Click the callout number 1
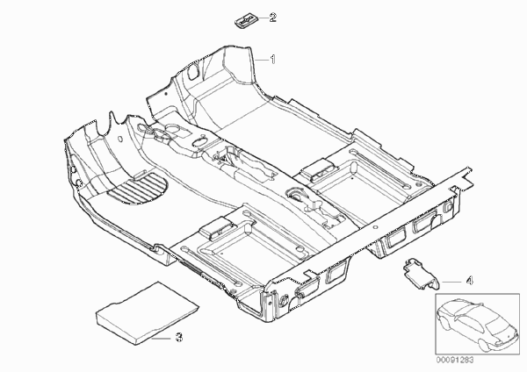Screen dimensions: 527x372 [x=273, y=60]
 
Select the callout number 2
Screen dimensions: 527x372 [x=272, y=18]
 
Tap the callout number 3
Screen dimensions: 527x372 [x=179, y=337]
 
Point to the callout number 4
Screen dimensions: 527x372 [x=470, y=280]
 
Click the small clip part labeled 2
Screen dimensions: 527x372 [x=246, y=22]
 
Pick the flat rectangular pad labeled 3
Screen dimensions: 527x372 [x=147, y=312]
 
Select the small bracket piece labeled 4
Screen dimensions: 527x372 [x=421, y=273]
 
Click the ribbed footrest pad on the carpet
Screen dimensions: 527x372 [x=138, y=189]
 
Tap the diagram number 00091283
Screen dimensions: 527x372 [x=455, y=361]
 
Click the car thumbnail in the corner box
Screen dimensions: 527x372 [x=477, y=324]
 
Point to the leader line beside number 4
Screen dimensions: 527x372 [x=451, y=282]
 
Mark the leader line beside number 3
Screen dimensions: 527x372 [x=161, y=339]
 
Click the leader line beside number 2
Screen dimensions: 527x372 [x=263, y=18]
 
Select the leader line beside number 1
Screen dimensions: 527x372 [x=262, y=60]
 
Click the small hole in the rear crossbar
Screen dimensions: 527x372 [x=376, y=227]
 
